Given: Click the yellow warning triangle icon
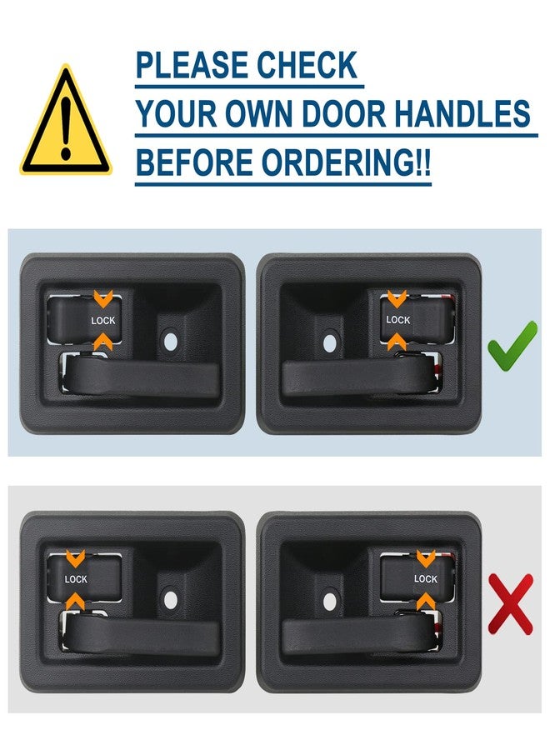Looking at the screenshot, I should (65, 123).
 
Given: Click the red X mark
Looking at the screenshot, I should (510, 602).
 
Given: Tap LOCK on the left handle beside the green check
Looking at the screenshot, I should (104, 320).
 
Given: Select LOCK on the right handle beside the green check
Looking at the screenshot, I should (398, 320).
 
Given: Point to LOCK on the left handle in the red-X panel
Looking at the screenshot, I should (76, 579).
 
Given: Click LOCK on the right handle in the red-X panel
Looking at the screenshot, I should (426, 579).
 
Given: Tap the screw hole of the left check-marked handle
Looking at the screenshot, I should (171, 340).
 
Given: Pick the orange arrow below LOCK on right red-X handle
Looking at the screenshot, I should (426, 601).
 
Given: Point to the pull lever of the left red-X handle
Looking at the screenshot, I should (142, 635).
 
